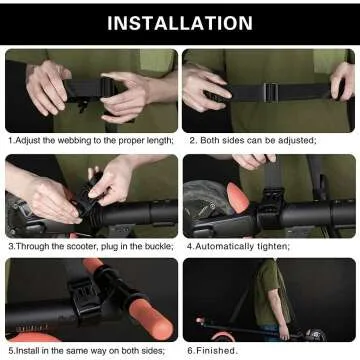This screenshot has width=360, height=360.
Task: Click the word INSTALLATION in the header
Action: pyautogui.click(x=180, y=22)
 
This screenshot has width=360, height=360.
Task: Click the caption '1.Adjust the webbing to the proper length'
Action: pyautogui.click(x=91, y=140)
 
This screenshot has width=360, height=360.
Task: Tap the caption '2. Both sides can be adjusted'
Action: pyautogui.click(x=253, y=140)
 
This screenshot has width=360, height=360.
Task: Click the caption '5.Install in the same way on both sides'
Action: pyautogui.click(x=88, y=350)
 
